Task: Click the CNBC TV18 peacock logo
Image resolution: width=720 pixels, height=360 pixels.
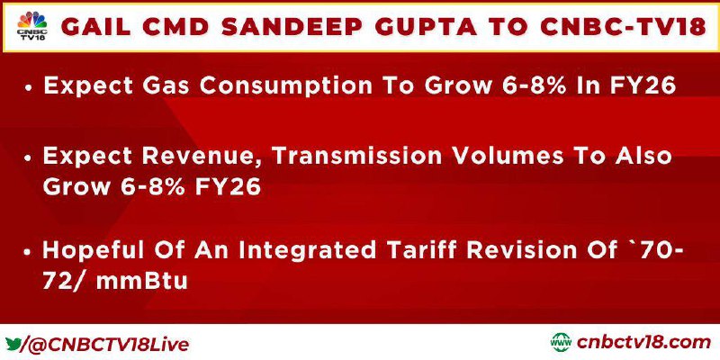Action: pyautogui.click(x=32, y=26)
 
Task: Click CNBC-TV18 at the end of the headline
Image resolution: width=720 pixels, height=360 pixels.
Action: pyautogui.click(x=623, y=28)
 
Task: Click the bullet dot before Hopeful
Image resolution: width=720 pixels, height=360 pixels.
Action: pyautogui.click(x=29, y=253)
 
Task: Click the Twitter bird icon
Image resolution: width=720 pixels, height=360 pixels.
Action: pyautogui.click(x=13, y=344)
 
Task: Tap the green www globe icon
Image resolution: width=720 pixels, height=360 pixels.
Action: pyautogui.click(x=561, y=343)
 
